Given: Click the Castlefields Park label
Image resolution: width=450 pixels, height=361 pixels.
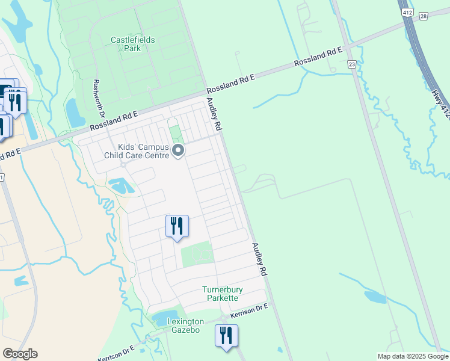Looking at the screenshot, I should point(132,44).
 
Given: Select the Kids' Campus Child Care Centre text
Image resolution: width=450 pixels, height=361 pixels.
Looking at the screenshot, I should point(137,150).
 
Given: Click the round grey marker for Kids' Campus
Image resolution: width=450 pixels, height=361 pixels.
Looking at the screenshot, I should point(177,150).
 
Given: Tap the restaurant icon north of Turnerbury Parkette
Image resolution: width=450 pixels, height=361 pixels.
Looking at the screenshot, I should point(177,226).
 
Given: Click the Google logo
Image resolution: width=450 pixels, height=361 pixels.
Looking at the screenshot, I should point(20,354).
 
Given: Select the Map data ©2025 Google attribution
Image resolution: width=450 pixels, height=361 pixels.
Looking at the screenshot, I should point(412,356).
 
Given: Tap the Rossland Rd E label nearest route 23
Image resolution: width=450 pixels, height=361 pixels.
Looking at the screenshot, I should point(318,58).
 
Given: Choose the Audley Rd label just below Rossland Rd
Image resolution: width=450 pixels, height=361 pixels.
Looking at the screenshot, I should point(214,114).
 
